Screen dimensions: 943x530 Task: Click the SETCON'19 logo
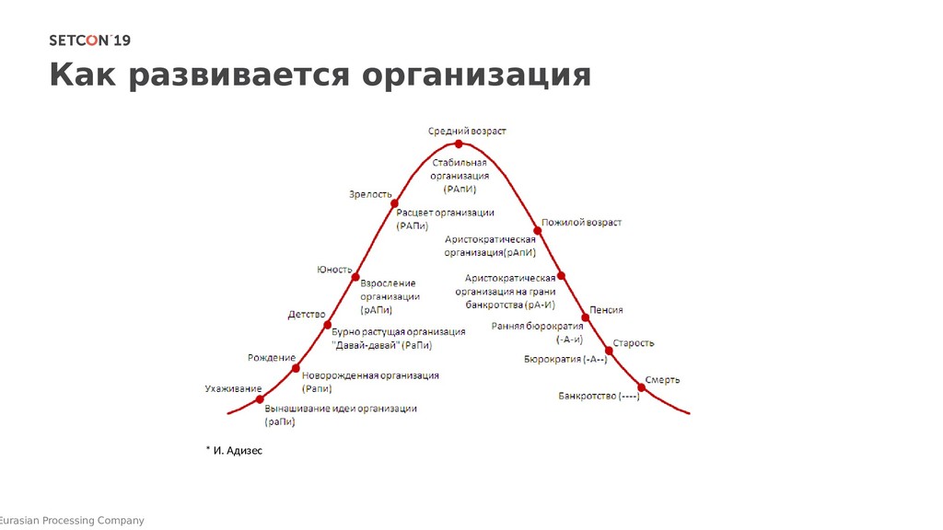click(89, 40)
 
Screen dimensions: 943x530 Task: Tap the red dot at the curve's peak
click(460, 144)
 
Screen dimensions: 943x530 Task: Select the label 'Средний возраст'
click(467, 131)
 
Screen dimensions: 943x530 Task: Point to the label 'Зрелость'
click(370, 194)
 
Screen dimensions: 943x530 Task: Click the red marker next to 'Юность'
click(355, 274)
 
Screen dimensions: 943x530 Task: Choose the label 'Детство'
click(307, 315)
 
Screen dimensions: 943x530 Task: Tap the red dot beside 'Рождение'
click(296, 368)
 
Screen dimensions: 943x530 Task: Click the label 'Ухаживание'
click(233, 388)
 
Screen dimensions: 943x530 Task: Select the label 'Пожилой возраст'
click(581, 223)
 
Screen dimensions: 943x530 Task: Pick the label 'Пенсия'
click(607, 310)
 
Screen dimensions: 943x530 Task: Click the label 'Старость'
click(634, 343)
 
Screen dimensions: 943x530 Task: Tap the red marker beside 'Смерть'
click(641, 388)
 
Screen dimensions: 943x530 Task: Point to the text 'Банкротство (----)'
click(599, 397)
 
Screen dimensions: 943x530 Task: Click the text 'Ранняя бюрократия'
click(537, 327)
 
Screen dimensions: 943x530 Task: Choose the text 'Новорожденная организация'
click(370, 375)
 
